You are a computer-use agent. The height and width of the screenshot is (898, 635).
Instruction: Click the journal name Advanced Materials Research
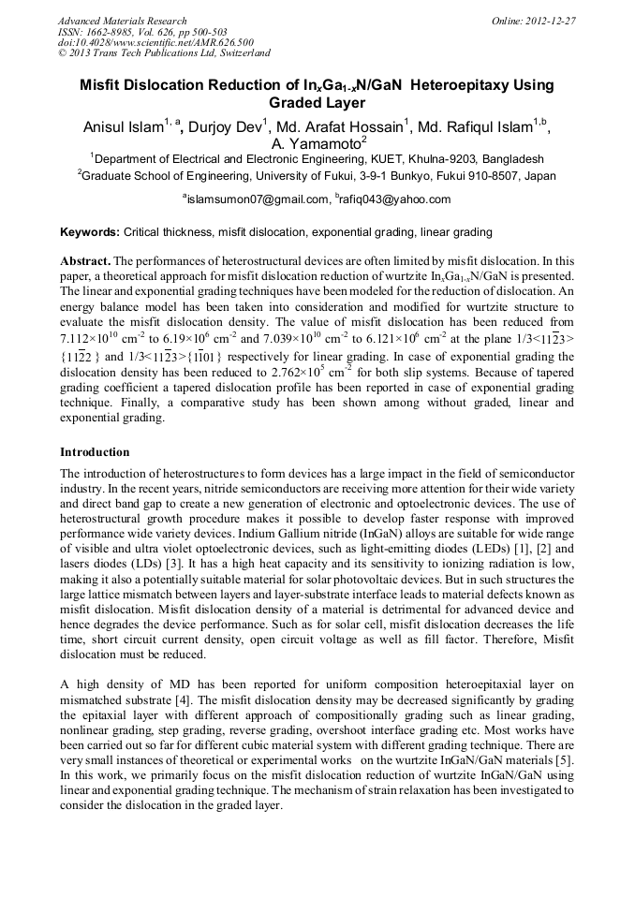122,21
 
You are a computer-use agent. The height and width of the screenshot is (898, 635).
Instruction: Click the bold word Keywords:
90,231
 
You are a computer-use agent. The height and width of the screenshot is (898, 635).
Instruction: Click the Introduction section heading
95,451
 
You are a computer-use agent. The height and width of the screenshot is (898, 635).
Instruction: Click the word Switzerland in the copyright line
239,54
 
